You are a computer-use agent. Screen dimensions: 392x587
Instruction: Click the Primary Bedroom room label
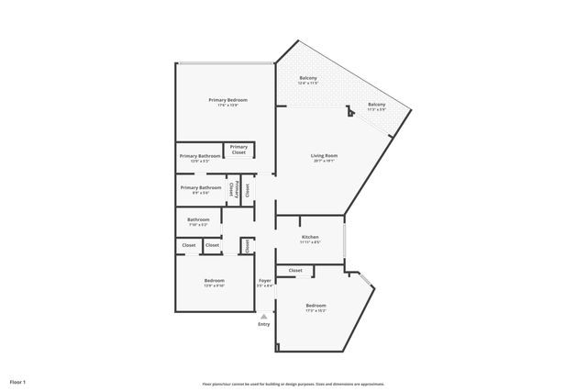coord(227,99)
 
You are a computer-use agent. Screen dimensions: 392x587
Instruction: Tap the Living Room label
coord(325,156)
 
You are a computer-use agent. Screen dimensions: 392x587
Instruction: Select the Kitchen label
coord(310,237)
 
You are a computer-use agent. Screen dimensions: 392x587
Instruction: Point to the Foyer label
coord(264,280)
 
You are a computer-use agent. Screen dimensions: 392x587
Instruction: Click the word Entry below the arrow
coord(264,324)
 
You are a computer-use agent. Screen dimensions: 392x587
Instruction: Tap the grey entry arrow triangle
coord(264,315)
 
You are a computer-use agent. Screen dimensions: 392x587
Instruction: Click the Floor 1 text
coord(18,381)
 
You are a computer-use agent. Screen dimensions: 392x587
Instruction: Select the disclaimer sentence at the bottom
coord(293,384)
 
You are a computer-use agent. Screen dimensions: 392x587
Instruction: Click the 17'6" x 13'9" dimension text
coord(227,106)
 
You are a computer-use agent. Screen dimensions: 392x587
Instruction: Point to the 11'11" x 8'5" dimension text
coord(310,243)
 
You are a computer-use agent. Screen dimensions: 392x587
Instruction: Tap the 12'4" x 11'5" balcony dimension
coord(308,84)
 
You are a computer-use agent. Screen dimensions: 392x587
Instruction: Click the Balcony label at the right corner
coord(377,104)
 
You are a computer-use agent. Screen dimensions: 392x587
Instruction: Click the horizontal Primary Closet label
coord(238,150)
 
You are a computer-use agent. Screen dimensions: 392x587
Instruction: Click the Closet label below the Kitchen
coord(295,271)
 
